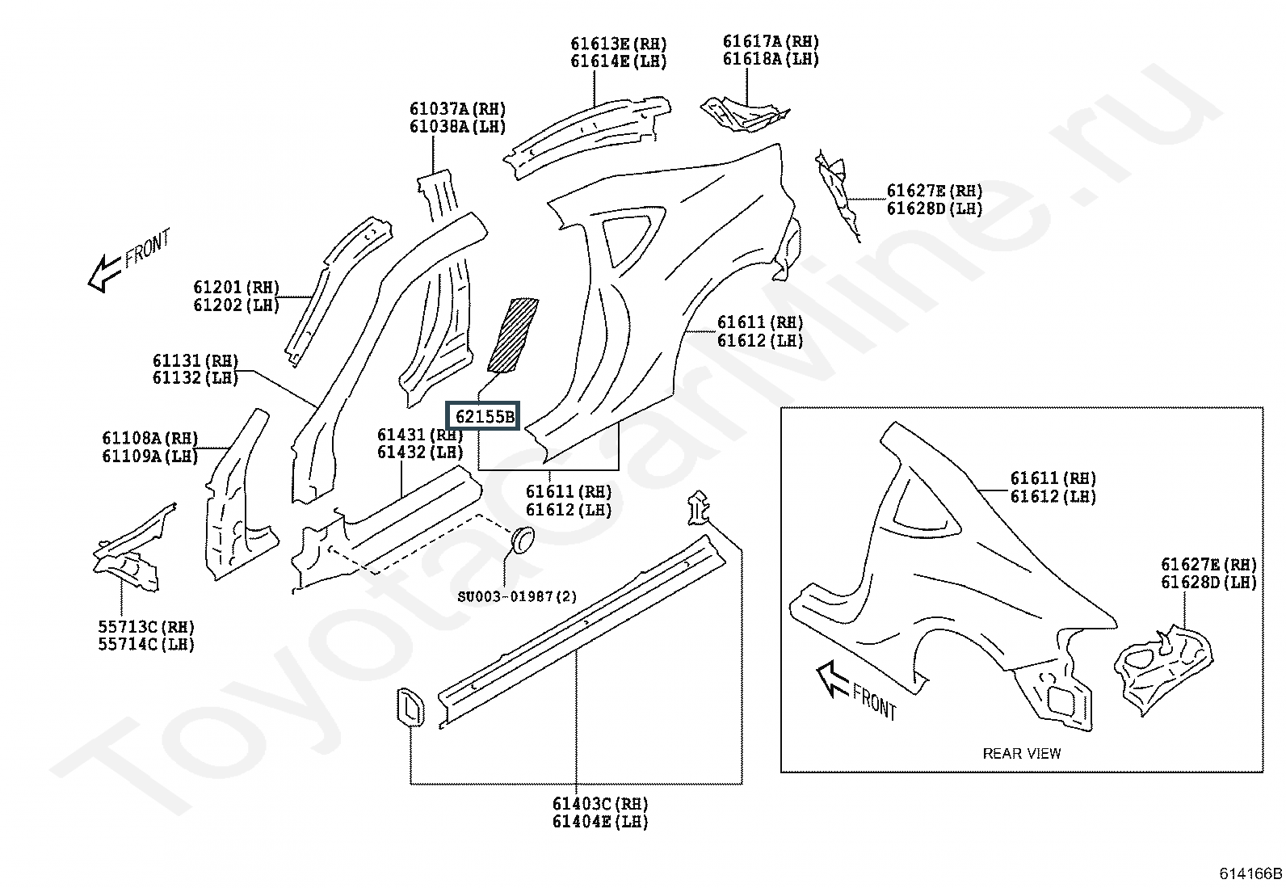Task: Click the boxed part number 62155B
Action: [483, 416]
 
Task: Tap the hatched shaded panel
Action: [513, 335]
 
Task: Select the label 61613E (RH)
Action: [618, 44]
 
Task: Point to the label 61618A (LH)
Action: [771, 59]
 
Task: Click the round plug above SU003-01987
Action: [522, 540]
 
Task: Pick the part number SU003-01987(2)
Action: [517, 596]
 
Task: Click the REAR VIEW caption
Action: [1021, 753]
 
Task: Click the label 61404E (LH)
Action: [600, 822]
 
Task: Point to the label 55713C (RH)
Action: [146, 627]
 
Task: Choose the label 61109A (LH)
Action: [149, 456]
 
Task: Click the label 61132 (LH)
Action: [195, 378]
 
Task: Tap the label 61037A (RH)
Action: [457, 108]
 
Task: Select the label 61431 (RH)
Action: [420, 434]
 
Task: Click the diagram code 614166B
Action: [1250, 873]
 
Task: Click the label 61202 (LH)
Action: [236, 305]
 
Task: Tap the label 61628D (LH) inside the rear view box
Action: [1208, 583]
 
